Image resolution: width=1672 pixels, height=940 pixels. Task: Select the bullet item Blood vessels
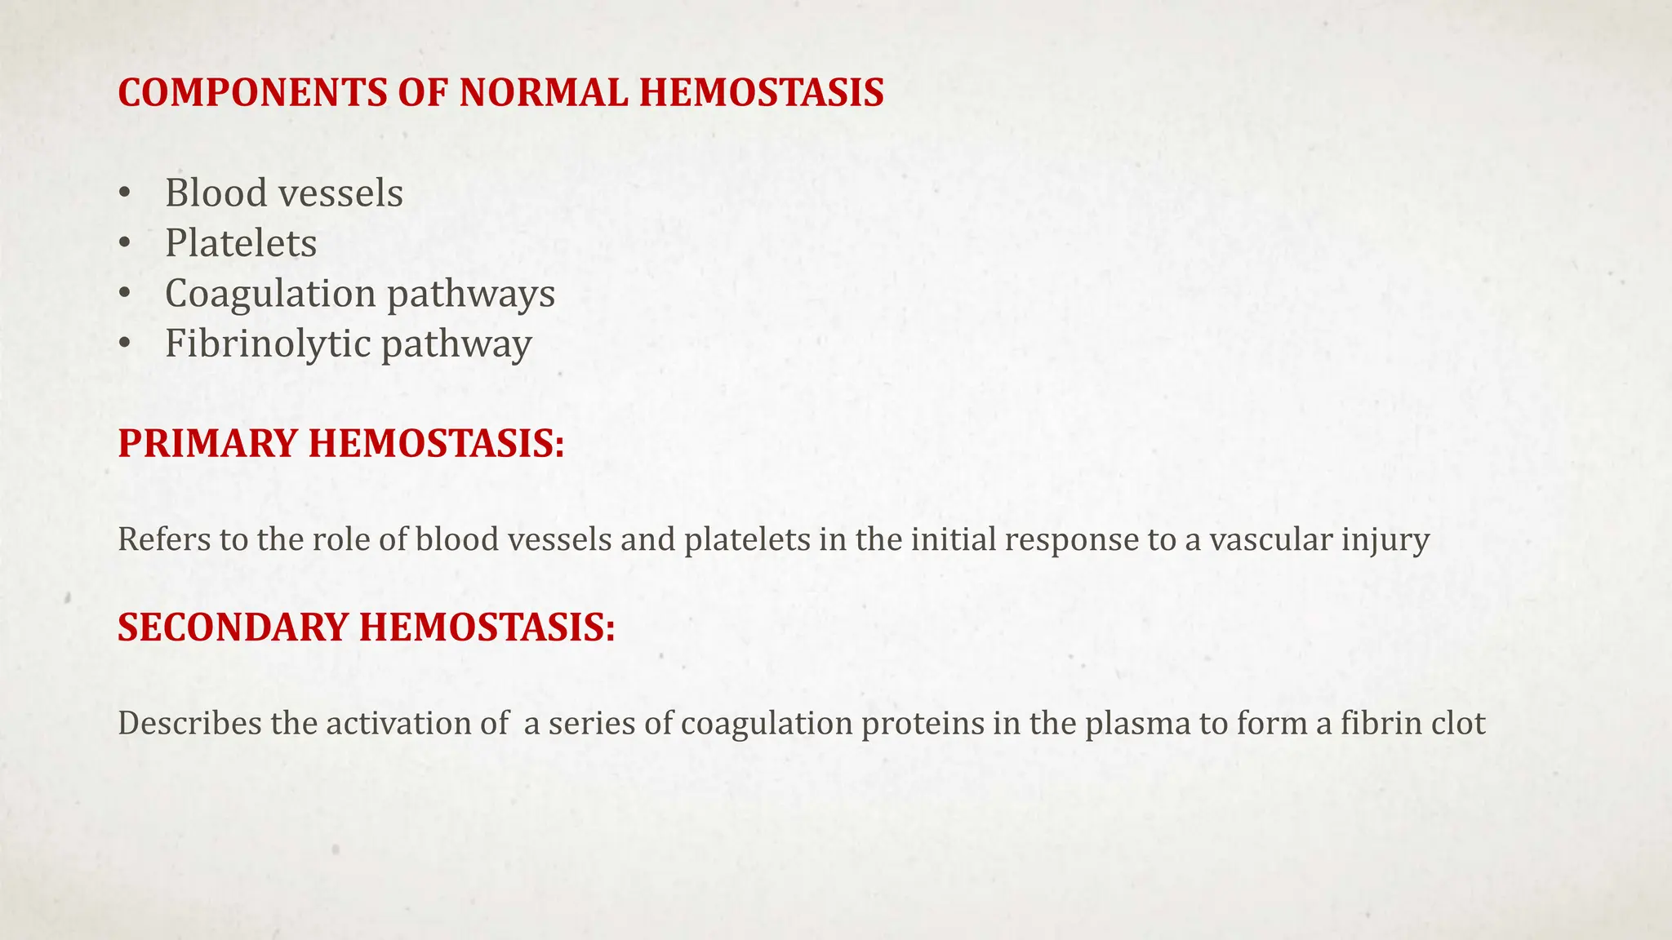(x=283, y=193)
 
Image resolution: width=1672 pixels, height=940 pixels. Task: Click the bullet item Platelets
(x=241, y=243)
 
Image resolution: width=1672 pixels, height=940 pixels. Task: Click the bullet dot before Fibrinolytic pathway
(x=124, y=344)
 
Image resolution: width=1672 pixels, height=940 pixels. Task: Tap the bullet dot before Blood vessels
(x=124, y=194)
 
